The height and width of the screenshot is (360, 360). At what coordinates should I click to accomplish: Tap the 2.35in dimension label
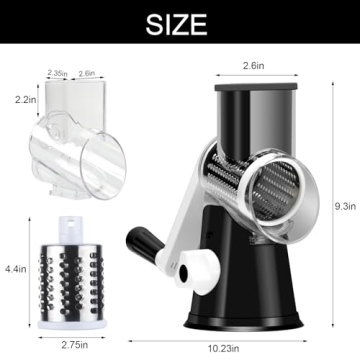point(60,73)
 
